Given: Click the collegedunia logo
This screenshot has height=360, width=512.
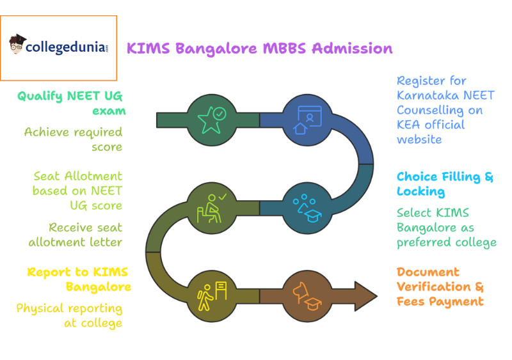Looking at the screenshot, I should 59,48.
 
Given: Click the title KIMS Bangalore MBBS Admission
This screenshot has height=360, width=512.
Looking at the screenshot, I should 259,49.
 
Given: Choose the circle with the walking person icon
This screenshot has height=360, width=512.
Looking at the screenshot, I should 211,296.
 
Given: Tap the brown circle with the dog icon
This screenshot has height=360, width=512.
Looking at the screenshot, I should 307,296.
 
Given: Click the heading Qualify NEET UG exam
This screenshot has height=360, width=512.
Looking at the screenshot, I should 70,103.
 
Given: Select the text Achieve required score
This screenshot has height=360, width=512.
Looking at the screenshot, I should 73,139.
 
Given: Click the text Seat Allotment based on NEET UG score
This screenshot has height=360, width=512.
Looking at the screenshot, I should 77,190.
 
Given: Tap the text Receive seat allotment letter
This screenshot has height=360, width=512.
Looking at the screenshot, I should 76,235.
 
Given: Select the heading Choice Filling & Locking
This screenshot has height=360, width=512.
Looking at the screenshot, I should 445,184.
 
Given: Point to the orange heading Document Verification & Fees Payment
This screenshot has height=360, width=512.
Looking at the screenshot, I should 440,286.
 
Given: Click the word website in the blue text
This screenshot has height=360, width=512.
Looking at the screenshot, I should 419,139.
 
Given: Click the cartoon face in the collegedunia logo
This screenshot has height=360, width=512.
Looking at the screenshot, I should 17,45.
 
